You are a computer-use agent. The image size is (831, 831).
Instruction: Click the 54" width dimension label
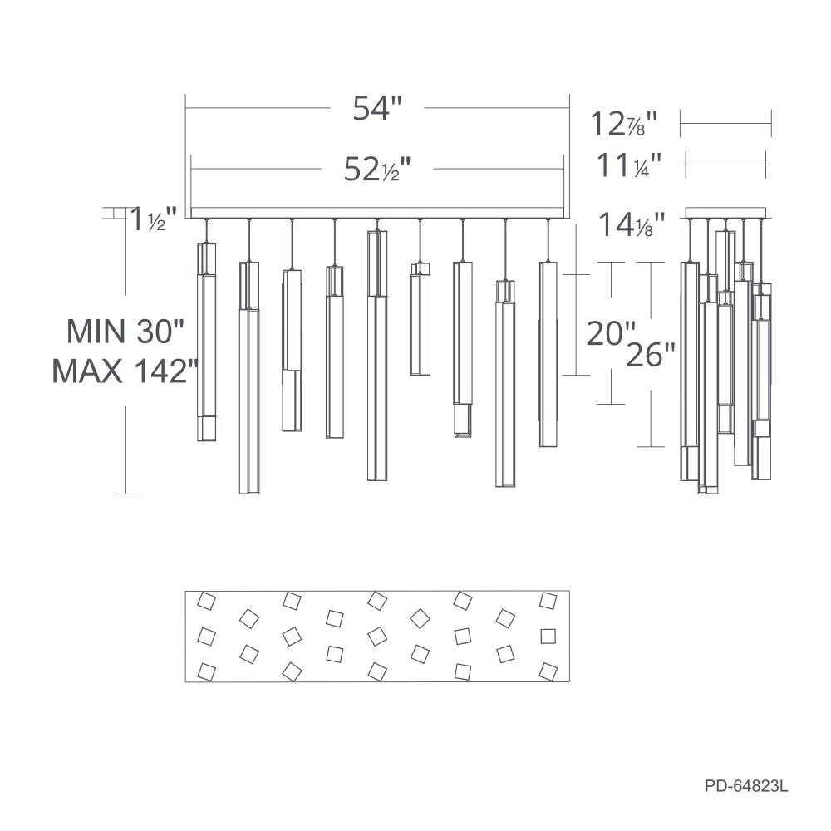pyautogui.click(x=377, y=108)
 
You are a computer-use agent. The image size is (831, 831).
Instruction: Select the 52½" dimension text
pyautogui.click(x=377, y=169)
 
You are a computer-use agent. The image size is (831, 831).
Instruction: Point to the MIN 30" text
pyautogui.click(x=125, y=332)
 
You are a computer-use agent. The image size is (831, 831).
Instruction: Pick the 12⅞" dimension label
pyautogui.click(x=623, y=124)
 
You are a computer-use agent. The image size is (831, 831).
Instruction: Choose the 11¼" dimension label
pyautogui.click(x=629, y=165)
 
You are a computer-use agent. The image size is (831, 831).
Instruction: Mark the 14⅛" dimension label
pyautogui.click(x=632, y=224)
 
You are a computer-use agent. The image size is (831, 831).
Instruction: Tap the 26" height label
pyautogui.click(x=651, y=354)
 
